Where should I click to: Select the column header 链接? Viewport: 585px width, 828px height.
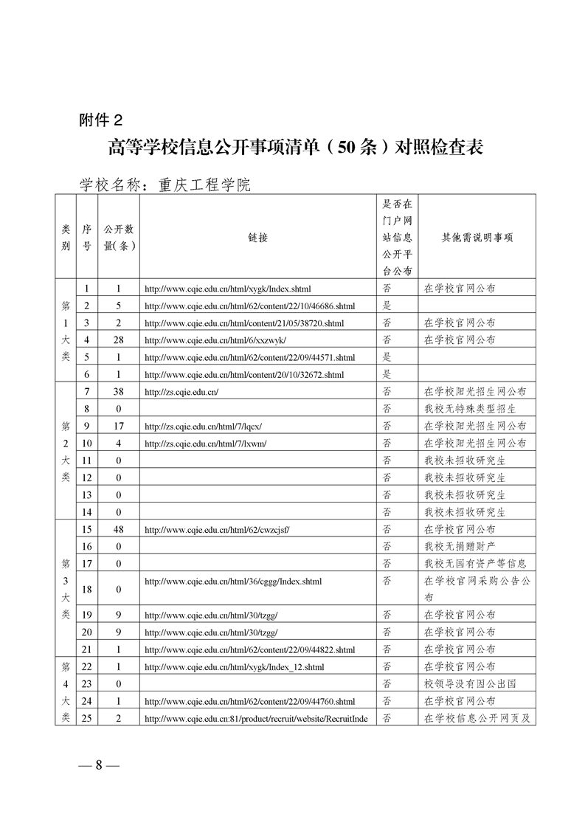coord(258,238)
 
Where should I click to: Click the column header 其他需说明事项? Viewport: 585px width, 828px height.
coord(477,238)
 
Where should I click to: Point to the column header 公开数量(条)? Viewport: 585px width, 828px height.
coord(119,238)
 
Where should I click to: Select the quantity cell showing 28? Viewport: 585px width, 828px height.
coord(118,340)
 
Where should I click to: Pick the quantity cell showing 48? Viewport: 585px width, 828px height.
coord(118,529)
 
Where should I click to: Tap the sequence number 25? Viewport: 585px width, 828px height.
coord(87,718)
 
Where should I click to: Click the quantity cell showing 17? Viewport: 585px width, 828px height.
coord(118,427)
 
